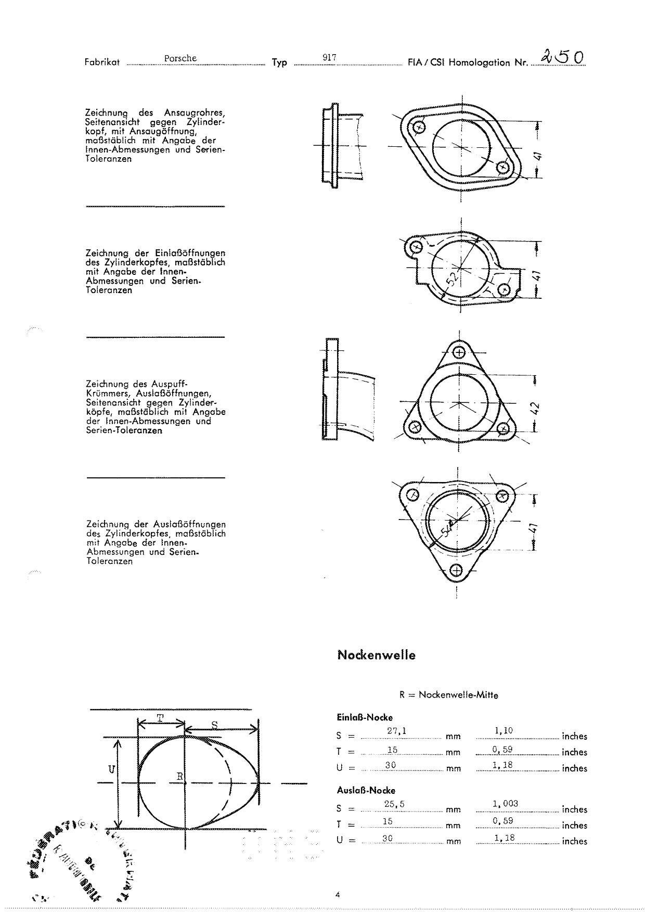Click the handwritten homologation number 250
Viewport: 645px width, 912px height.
[x=562, y=57]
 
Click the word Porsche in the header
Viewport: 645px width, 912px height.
[x=180, y=58]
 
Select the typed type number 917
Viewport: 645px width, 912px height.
[x=329, y=57]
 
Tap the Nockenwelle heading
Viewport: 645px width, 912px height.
[x=377, y=655]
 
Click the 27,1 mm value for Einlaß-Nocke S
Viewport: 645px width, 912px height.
[x=396, y=731]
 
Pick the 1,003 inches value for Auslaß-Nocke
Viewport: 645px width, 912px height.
[x=505, y=804]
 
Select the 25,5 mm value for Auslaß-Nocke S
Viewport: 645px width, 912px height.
[x=394, y=804]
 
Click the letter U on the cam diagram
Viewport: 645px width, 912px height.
[x=111, y=769]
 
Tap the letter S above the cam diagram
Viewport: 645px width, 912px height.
[x=214, y=724]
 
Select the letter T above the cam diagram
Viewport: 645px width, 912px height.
[x=160, y=718]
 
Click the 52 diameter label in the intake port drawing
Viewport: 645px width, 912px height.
[x=453, y=278]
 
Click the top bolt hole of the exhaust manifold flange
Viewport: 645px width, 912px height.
[x=459, y=352]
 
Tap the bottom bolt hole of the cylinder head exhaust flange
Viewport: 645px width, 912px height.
[x=456, y=571]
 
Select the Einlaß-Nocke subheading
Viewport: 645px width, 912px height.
[x=365, y=717]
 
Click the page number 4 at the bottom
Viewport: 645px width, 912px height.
[x=338, y=895]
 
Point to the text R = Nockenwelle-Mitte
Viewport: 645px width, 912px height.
[x=448, y=695]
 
